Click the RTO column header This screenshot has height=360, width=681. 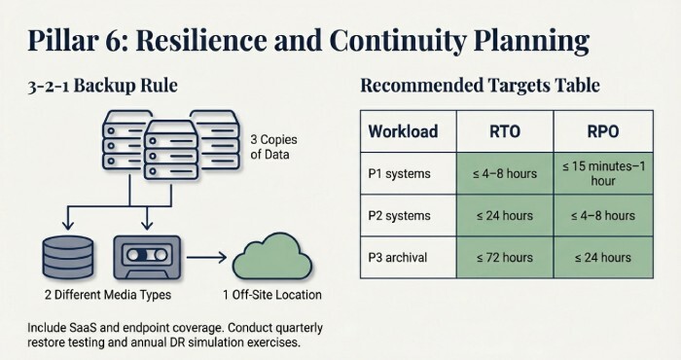click(x=504, y=130)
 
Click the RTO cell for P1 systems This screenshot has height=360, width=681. click(x=504, y=172)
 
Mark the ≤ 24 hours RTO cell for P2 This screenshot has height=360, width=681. click(x=504, y=215)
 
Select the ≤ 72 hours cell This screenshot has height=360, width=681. click(x=504, y=258)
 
